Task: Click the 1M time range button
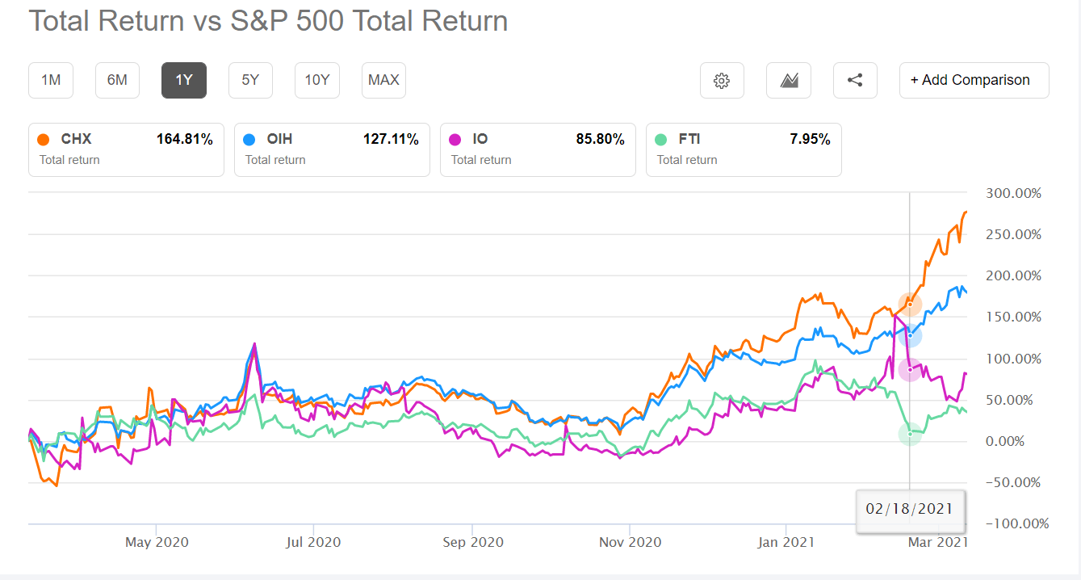[50, 80]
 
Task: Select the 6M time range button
[117, 80]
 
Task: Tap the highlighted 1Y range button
[184, 80]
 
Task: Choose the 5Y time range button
[250, 80]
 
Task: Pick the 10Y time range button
[316, 80]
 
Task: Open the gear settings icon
[722, 80]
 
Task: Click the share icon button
[855, 80]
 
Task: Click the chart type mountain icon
[789, 80]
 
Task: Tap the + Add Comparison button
[974, 80]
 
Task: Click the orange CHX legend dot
[44, 140]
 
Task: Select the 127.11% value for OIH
[391, 140]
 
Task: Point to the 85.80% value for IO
[600, 140]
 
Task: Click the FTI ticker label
[689, 140]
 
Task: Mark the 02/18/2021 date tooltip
[909, 509]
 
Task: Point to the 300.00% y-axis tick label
[1014, 194]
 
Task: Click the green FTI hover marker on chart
[910, 434]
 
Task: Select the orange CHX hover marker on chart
[910, 305]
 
